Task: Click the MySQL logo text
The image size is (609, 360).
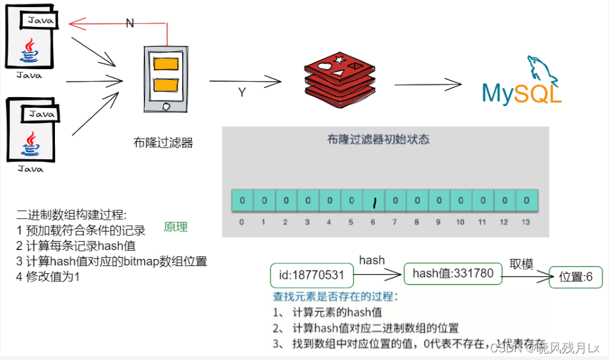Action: click(521, 93)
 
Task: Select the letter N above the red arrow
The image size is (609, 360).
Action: click(130, 23)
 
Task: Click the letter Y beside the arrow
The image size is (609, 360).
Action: click(242, 93)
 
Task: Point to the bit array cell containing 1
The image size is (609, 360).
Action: click(373, 201)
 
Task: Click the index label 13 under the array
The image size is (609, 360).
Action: click(526, 222)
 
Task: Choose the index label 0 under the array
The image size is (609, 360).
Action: click(242, 222)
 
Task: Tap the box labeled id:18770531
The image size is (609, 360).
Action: click(312, 276)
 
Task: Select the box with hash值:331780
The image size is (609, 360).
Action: click(453, 274)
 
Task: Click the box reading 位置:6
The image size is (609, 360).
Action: click(575, 277)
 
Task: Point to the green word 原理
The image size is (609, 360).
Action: click(176, 228)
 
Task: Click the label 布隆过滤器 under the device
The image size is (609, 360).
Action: click(163, 143)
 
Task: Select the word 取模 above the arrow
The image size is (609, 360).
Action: click(521, 264)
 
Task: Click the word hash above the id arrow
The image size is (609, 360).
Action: click(371, 260)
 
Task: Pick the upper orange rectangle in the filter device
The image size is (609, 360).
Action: click(166, 65)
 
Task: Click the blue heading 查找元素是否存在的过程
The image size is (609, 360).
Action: click(335, 297)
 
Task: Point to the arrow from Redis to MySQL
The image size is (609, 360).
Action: click(427, 85)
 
